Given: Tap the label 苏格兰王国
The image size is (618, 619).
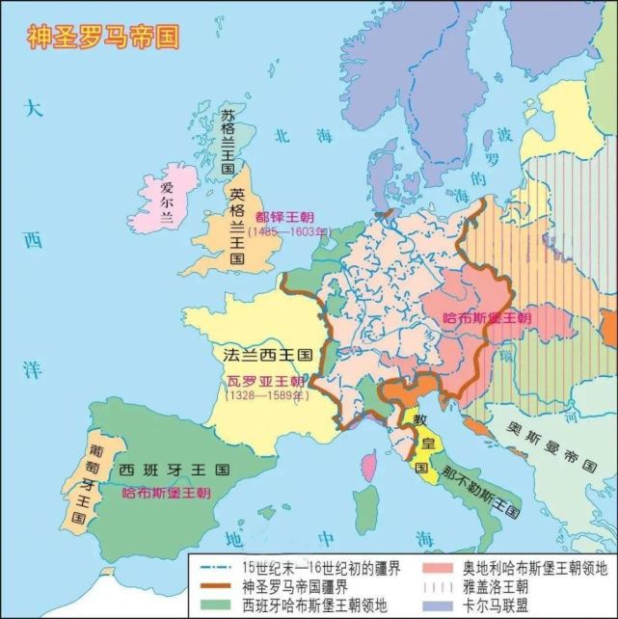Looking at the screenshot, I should pos(228,141).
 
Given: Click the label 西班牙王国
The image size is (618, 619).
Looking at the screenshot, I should pos(175,471).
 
